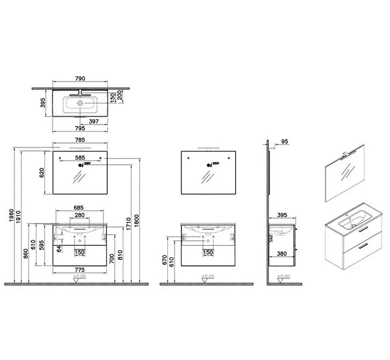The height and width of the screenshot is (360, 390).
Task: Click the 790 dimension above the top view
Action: [80, 78]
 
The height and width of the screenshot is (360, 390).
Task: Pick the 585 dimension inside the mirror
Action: [80, 158]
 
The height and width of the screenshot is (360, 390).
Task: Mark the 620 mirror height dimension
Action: [42, 172]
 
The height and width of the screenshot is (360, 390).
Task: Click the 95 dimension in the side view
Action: [284, 142]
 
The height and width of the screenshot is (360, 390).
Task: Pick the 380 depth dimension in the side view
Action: [282, 253]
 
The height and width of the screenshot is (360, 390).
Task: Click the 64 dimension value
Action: [59, 248]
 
